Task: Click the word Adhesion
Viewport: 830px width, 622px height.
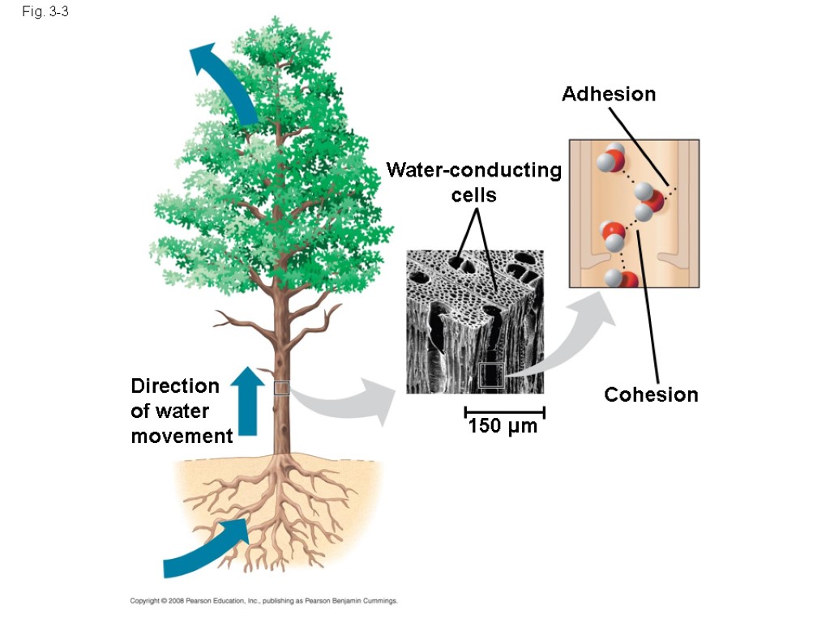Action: tap(609, 95)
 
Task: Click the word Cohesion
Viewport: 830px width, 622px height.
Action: tap(651, 395)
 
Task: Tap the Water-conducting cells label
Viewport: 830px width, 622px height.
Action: tap(474, 182)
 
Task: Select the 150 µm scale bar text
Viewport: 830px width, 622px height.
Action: tap(503, 426)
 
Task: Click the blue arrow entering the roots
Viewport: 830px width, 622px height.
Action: tap(207, 548)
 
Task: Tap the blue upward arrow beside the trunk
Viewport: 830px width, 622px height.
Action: tap(246, 400)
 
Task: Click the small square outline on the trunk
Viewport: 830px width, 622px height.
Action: tap(281, 387)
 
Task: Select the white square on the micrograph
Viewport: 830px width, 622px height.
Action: tap(492, 375)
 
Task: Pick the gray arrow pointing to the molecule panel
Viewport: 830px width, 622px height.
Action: tap(567, 340)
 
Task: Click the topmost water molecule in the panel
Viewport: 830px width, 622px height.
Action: tap(611, 157)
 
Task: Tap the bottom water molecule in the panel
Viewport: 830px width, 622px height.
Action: tap(622, 280)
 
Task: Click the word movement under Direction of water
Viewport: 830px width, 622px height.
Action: tap(182, 437)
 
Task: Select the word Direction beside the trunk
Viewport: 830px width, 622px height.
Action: tap(175, 386)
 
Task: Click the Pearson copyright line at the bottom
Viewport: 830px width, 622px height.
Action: tap(264, 601)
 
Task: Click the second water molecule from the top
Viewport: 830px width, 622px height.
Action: tap(648, 200)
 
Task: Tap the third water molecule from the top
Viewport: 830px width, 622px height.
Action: tap(614, 236)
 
